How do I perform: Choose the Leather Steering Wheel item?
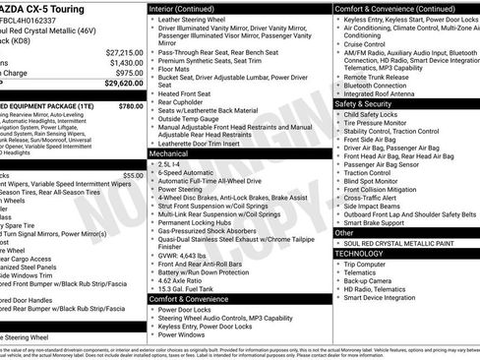[x=195, y=19]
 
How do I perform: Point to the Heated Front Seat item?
[x=189, y=92]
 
